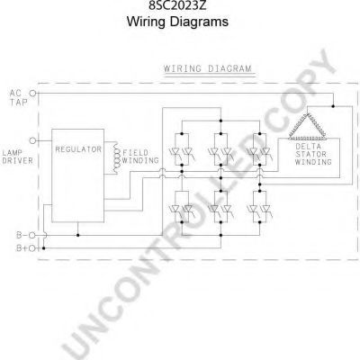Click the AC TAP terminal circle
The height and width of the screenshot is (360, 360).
tap(32, 94)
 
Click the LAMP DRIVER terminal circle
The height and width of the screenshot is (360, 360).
tap(32, 140)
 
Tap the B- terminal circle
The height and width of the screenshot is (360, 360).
tap(32, 235)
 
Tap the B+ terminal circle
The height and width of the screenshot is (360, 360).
tap(32, 248)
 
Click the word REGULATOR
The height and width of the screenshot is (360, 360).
tap(78, 149)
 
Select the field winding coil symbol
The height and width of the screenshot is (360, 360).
tap(115, 157)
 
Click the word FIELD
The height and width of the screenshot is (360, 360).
tap(135, 153)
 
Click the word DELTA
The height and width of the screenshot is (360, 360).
tap(308, 147)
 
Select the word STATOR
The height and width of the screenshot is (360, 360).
tap(310, 154)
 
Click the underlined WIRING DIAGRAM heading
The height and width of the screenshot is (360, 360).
tap(208, 68)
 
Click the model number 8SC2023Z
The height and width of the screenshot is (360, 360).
tap(177, 4)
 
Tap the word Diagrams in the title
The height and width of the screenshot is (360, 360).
tap(199, 22)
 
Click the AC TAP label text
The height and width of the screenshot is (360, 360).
tap(18, 98)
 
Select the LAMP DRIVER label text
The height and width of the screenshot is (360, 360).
tap(17, 157)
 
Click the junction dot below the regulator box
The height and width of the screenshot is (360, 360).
tap(78, 235)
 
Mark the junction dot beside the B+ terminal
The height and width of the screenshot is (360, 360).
tap(44, 248)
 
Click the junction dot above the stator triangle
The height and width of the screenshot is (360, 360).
tap(333, 106)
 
